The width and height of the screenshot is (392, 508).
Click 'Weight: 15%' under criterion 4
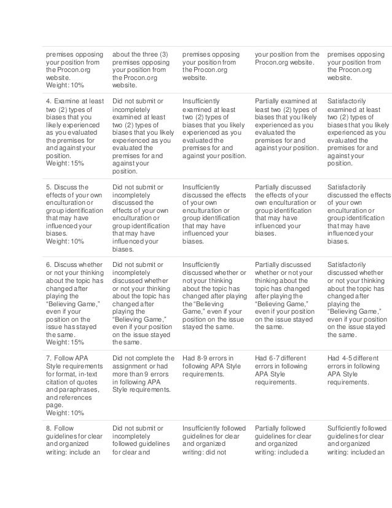point(63,164)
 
